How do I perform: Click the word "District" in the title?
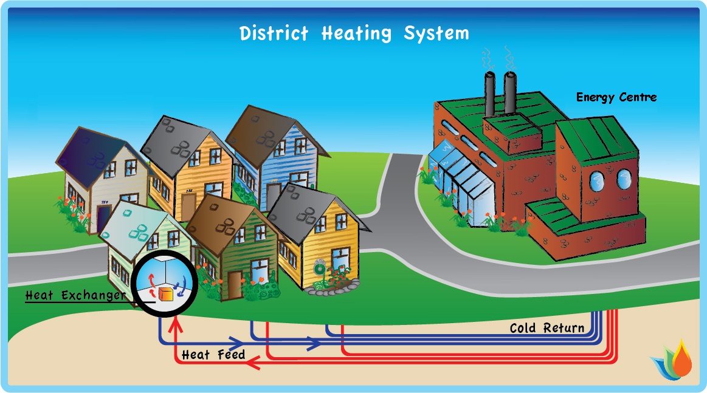pos(274,33)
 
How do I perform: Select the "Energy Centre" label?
pos(616,97)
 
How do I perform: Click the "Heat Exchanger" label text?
pos(75,296)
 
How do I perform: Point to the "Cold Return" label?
pos(547,329)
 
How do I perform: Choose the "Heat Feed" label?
pos(213,354)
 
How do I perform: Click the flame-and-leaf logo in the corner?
pos(674,361)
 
